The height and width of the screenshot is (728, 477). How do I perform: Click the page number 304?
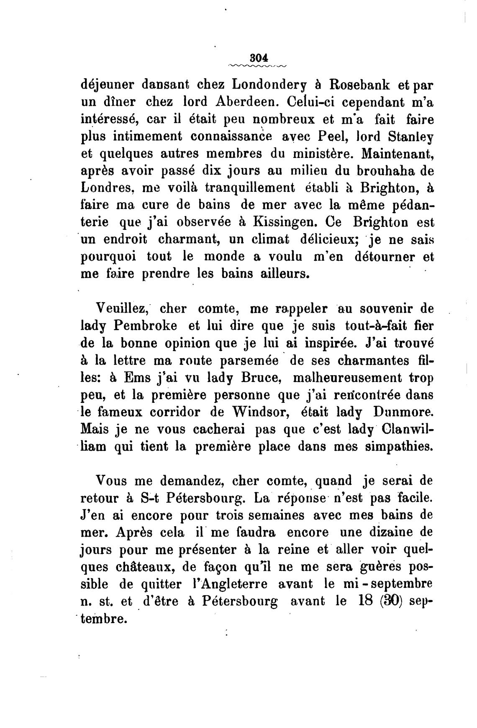pyautogui.click(x=258, y=57)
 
